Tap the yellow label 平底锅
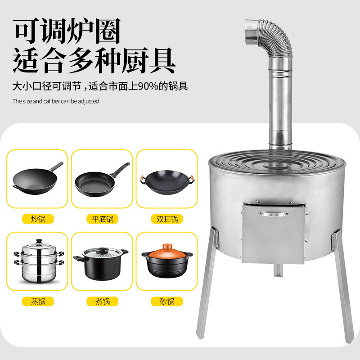[102, 219]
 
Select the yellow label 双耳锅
[166, 219]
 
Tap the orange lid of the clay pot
[166, 249]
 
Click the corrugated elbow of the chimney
[272, 36]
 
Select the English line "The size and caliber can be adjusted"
[55, 101]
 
